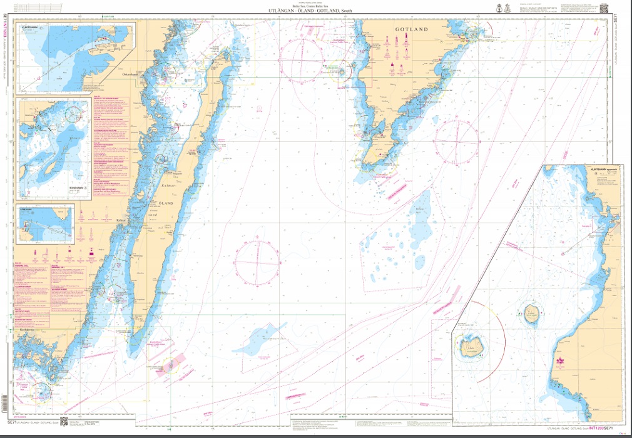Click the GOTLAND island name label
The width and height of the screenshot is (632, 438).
click(x=411, y=29)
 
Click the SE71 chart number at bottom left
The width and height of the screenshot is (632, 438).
click(x=10, y=424)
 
